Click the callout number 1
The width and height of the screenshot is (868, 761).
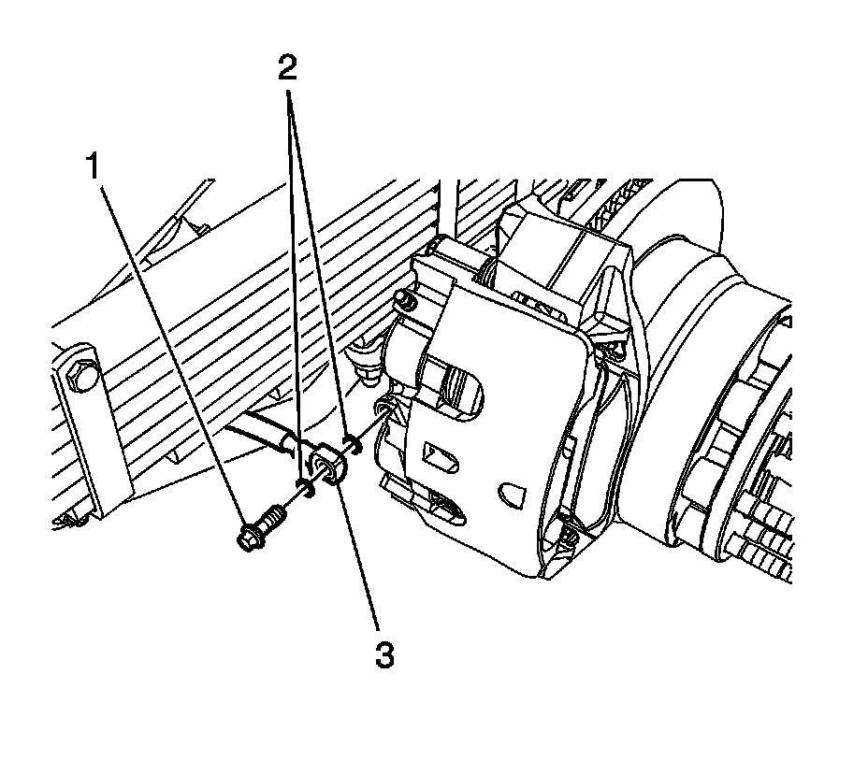coord(93,168)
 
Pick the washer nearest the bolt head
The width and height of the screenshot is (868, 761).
coord(304,485)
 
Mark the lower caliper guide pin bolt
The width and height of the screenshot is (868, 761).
coord(568,536)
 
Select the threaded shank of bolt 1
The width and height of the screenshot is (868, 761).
coord(274,516)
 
